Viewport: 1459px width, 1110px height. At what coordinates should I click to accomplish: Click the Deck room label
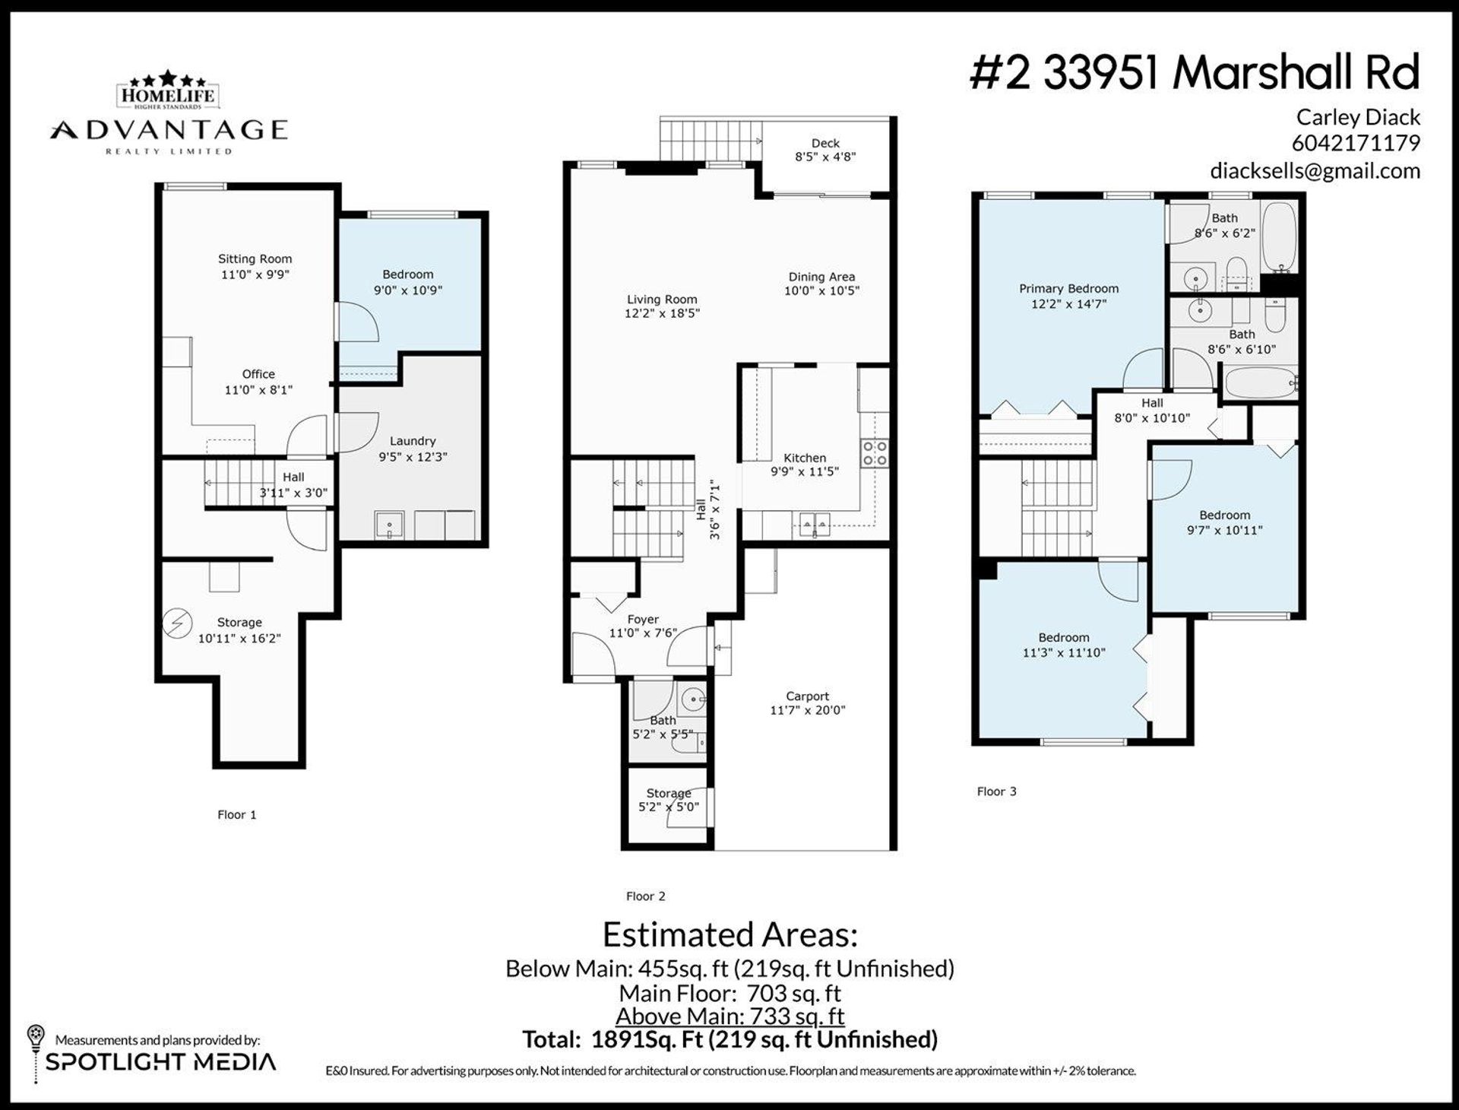click(825, 143)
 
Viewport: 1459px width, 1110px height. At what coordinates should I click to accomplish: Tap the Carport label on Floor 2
click(807, 696)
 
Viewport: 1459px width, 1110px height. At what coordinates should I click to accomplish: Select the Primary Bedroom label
click(1068, 289)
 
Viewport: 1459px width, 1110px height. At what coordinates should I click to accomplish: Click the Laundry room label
click(413, 441)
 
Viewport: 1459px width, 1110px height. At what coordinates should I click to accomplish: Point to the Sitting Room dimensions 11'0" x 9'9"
click(255, 274)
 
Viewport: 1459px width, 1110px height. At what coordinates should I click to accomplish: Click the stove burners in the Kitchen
click(875, 452)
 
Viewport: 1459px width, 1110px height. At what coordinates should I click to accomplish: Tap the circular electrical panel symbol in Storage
click(177, 624)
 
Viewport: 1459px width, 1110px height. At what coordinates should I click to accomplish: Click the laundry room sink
click(389, 525)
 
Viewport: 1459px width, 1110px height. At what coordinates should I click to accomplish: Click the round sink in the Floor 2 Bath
click(692, 698)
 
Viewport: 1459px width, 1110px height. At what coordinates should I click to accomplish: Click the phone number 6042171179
click(1356, 143)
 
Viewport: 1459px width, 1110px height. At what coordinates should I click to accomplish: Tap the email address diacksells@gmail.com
click(1315, 171)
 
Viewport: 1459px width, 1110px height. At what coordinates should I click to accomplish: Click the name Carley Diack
click(1358, 117)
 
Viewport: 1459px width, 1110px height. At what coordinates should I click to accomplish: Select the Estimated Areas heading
click(729, 934)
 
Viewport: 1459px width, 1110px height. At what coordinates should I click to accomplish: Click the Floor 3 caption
click(996, 791)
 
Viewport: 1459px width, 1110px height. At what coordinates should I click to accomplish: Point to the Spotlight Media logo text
click(160, 1062)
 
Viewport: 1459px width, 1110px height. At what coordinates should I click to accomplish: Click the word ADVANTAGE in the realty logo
click(169, 130)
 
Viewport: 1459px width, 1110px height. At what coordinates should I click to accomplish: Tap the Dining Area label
click(821, 277)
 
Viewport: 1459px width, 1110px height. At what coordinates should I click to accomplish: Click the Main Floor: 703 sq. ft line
click(729, 993)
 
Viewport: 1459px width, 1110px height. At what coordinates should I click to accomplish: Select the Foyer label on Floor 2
click(643, 620)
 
